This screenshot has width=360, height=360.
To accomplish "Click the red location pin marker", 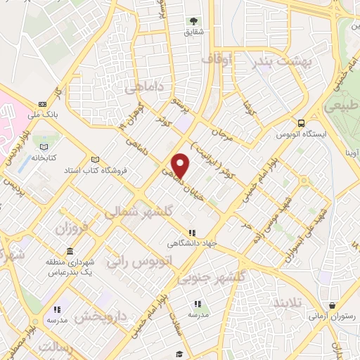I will pos(181,165).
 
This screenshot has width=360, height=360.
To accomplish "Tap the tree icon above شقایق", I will pos(193,22).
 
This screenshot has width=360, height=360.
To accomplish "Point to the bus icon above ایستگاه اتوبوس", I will pos(302,121).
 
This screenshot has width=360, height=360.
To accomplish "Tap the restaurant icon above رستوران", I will pos(331,305).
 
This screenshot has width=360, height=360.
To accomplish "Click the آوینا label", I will pos(351,151).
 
